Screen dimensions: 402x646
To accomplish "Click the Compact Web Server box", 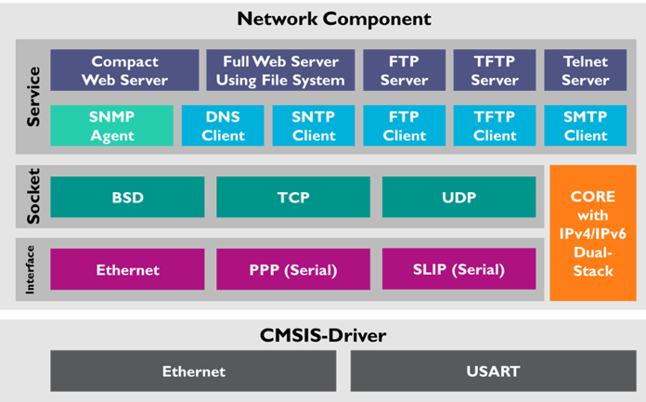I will click(x=124, y=71).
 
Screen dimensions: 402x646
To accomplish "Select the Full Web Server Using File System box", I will click(x=280, y=71).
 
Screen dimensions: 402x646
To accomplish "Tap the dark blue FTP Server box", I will click(x=404, y=71).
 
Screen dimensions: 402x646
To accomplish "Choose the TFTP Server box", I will click(x=495, y=71).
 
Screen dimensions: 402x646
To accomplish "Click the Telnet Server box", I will click(x=586, y=71).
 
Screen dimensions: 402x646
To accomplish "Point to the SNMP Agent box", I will click(x=111, y=125).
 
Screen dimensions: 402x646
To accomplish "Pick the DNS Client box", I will click(x=223, y=125).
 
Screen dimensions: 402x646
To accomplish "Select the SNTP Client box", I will click(x=314, y=125).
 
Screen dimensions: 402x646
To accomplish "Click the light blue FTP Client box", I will click(x=404, y=125).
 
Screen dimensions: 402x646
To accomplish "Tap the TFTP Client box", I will click(x=495, y=125).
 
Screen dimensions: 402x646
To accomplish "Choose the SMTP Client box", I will click(x=586, y=125).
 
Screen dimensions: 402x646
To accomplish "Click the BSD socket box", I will click(x=127, y=198).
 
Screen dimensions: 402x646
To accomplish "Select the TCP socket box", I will click(x=293, y=198).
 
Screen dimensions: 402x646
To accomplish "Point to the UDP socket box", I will click(x=459, y=198).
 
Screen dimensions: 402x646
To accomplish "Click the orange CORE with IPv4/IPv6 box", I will click(x=593, y=233).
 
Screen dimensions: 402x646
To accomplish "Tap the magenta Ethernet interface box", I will click(x=127, y=269).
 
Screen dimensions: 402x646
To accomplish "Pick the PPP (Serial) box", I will click(x=293, y=269).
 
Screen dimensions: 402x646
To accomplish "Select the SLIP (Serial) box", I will click(x=459, y=269).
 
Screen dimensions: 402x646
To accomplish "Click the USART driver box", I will click(x=493, y=370).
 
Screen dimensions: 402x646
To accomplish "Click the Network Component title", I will click(x=321, y=19).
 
